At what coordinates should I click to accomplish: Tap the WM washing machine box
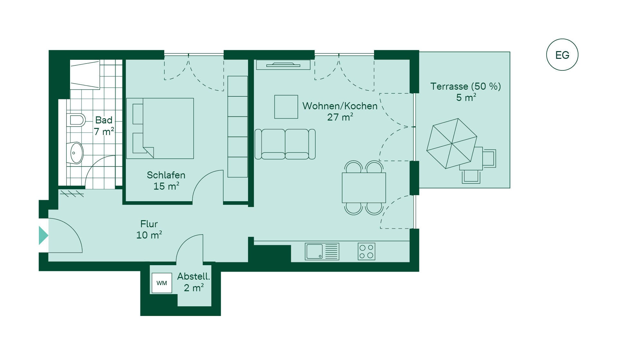(x=162, y=283)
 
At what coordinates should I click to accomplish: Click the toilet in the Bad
(x=76, y=120)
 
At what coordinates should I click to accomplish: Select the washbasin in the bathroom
(x=75, y=153)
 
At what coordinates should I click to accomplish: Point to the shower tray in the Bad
(x=85, y=75)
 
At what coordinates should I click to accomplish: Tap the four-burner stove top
(x=366, y=251)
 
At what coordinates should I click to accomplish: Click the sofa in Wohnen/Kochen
(x=285, y=144)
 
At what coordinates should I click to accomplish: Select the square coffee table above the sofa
(x=286, y=107)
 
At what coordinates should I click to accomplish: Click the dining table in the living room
(x=364, y=188)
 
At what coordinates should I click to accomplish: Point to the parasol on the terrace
(x=452, y=143)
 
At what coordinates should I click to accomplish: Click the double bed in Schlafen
(x=160, y=128)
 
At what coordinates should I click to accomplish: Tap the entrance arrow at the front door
(x=43, y=235)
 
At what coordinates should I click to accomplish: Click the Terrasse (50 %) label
(x=466, y=86)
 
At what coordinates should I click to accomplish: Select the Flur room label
(x=149, y=224)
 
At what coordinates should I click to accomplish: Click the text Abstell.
(x=193, y=276)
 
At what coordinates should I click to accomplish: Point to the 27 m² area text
(x=340, y=117)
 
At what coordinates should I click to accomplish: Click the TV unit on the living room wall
(x=283, y=65)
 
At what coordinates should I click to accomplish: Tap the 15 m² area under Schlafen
(x=166, y=186)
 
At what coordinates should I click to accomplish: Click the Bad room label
(x=104, y=120)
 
